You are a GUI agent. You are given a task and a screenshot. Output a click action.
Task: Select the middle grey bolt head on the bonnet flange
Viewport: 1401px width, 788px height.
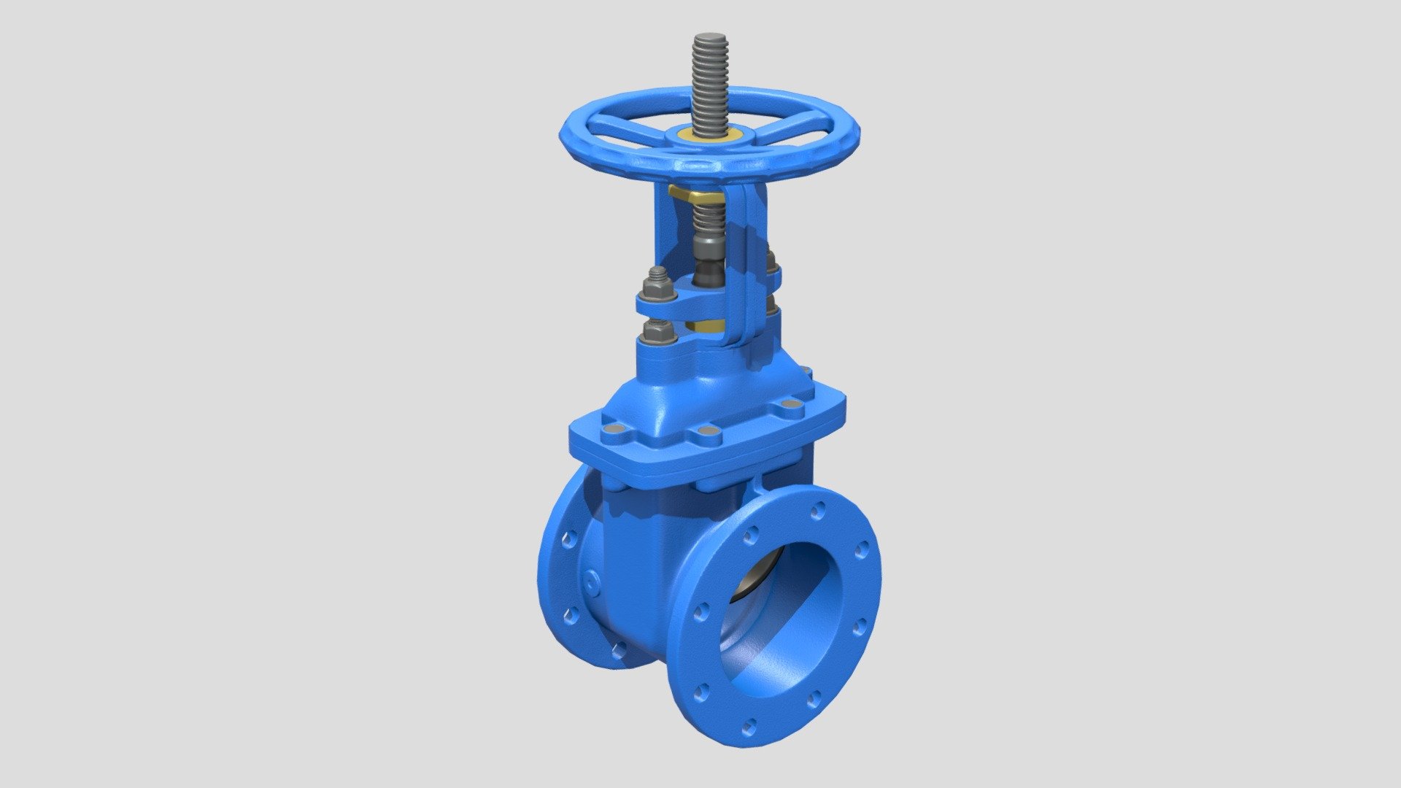(706, 432)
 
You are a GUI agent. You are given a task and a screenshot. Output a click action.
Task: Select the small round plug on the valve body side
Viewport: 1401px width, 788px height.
(590, 580)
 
